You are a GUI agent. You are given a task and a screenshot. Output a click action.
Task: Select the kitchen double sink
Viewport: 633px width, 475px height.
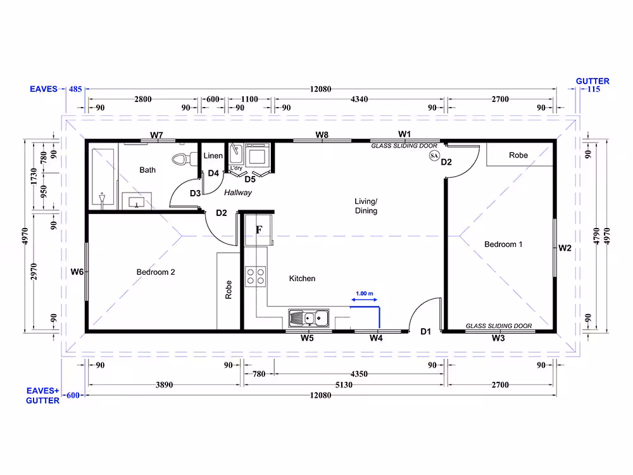coord(309,319)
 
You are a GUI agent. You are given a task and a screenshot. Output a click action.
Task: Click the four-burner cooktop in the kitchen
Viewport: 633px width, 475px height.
coord(256,276)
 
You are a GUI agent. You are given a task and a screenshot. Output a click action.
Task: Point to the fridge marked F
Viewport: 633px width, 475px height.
coord(259,230)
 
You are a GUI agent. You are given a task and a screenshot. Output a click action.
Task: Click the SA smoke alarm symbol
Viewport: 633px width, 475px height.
coord(434,156)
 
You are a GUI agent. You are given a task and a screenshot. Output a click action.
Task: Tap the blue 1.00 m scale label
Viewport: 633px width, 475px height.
coord(365,294)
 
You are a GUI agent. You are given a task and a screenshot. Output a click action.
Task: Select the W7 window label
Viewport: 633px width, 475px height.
coord(156,135)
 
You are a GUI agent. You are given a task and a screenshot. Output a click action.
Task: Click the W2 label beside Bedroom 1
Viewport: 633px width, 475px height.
coord(565,248)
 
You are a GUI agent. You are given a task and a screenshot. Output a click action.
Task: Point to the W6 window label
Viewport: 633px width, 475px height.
coord(77,272)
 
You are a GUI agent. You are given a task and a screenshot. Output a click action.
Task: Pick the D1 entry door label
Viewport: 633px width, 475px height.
coord(425,332)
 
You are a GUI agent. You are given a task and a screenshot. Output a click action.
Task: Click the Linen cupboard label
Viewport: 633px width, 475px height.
coord(213,156)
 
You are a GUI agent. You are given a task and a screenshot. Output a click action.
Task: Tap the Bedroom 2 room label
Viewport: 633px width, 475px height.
coord(156,272)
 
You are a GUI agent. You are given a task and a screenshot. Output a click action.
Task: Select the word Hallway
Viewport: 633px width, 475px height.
coord(238,193)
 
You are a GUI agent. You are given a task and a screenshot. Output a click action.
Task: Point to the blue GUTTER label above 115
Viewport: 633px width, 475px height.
coord(592,81)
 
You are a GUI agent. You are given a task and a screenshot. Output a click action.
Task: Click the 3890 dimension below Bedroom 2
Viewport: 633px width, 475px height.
coord(165,384)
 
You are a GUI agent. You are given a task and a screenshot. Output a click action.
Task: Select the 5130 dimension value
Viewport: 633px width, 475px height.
coord(344,384)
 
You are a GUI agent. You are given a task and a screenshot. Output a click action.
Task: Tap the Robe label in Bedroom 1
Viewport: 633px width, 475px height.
coord(518,155)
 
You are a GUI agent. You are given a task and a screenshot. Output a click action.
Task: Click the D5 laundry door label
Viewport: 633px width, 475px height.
coord(250,179)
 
